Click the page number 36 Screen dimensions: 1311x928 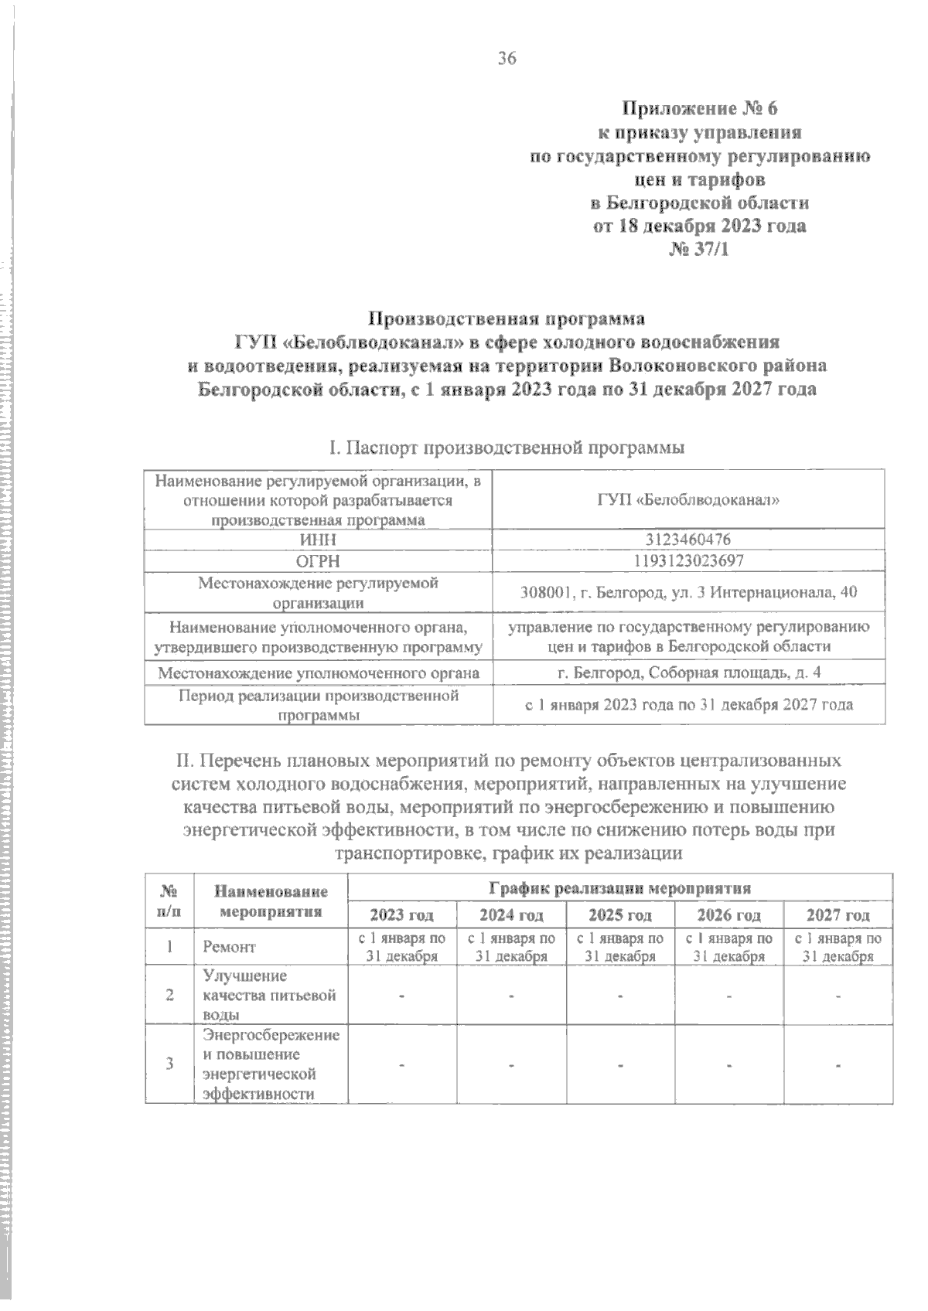(507, 58)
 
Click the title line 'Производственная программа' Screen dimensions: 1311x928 (507, 318)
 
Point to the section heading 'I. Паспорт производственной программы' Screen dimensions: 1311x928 (507, 448)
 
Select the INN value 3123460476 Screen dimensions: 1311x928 (688, 540)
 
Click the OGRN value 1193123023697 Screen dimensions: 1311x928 (688, 560)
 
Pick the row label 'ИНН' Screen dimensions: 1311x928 (318, 540)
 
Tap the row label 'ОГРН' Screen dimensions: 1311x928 (318, 560)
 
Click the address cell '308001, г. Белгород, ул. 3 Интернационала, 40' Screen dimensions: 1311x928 (688, 593)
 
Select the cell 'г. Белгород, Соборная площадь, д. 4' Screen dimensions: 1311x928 (688, 673)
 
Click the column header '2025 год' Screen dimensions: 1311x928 (620, 915)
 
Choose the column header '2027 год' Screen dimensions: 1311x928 (838, 915)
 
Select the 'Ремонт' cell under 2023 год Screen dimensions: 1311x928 (402, 947)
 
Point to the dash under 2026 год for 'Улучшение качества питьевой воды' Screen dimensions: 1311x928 (728, 996)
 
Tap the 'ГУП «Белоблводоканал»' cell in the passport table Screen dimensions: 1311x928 (688, 500)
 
